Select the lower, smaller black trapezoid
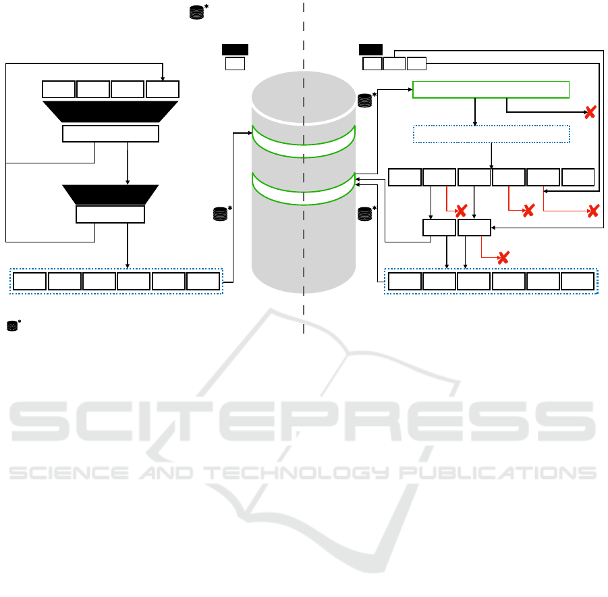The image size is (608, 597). coord(110,194)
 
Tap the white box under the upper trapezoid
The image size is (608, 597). coord(110,134)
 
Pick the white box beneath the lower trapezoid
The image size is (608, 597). coord(110,215)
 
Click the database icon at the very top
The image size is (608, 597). coord(196,11)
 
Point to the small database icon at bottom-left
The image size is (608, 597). coord(12,326)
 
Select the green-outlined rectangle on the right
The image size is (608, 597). coord(491,89)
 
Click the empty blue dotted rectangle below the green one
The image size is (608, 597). coord(491,134)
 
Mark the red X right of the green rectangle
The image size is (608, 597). coord(590,113)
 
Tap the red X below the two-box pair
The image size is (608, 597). coord(502,257)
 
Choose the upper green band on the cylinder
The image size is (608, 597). coord(303,141)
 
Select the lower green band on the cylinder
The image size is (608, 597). coord(303,188)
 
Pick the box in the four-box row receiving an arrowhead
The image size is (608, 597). coord(163,88)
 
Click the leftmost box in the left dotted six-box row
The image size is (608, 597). coord(30,281)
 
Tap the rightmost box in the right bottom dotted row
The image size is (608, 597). coord(578,281)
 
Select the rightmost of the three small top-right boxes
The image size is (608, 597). coord(416,64)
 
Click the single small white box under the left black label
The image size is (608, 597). coord(234,64)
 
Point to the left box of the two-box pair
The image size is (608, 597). coord(439,228)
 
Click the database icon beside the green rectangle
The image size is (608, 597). coord(365,100)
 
